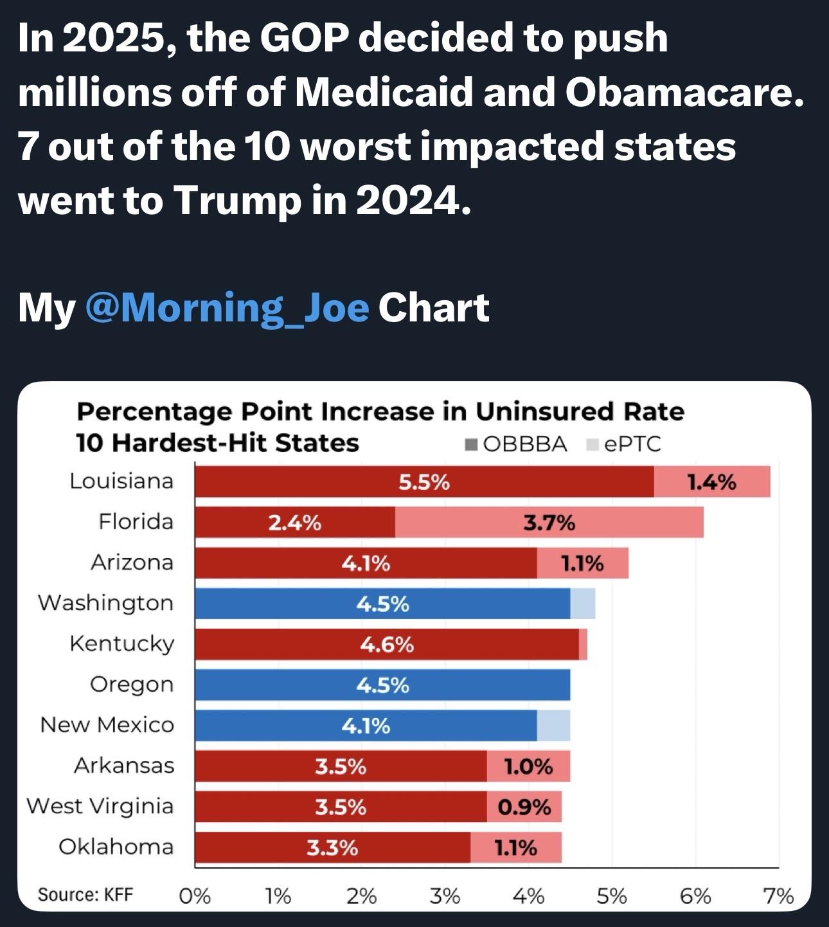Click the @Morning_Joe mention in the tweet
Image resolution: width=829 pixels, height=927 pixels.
tap(226, 307)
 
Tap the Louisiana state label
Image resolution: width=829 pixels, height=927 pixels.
tap(121, 481)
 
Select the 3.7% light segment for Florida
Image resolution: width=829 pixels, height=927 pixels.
tap(549, 522)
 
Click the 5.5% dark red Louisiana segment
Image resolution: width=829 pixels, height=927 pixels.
tap(424, 482)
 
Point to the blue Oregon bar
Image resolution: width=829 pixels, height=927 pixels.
tap(382, 685)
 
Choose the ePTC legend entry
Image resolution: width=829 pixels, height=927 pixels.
tap(625, 444)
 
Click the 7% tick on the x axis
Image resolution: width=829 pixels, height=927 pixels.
tap(778, 896)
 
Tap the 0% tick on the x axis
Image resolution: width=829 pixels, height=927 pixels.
tap(195, 896)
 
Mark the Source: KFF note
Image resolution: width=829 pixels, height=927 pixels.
tap(85, 894)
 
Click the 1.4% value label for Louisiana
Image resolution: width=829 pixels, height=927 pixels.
tap(711, 482)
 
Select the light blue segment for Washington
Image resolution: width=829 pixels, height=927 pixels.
tap(583, 604)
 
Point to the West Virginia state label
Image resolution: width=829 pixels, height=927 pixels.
tap(100, 806)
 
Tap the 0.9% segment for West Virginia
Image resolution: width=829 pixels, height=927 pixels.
tap(524, 807)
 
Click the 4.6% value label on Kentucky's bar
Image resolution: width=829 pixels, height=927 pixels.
tap(386, 644)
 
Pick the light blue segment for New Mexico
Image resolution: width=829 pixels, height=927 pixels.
tap(553, 726)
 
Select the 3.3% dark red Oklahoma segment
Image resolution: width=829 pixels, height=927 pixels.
tap(332, 848)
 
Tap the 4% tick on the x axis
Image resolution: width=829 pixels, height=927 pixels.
tap(528, 896)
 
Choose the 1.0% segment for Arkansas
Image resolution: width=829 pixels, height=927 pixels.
tap(528, 766)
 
